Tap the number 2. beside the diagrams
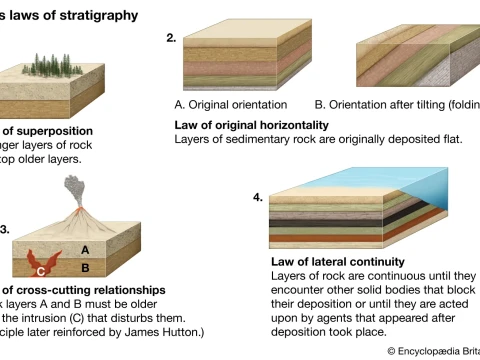pyautogui.click(x=171, y=38)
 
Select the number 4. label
pyautogui.click(x=258, y=197)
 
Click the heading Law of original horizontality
pyautogui.click(x=251, y=125)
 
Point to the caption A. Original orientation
pyautogui.click(x=230, y=105)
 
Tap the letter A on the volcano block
pyautogui.click(x=86, y=249)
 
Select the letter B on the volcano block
pyautogui.click(x=86, y=268)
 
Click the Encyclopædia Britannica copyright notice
pyautogui.click(x=432, y=351)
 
